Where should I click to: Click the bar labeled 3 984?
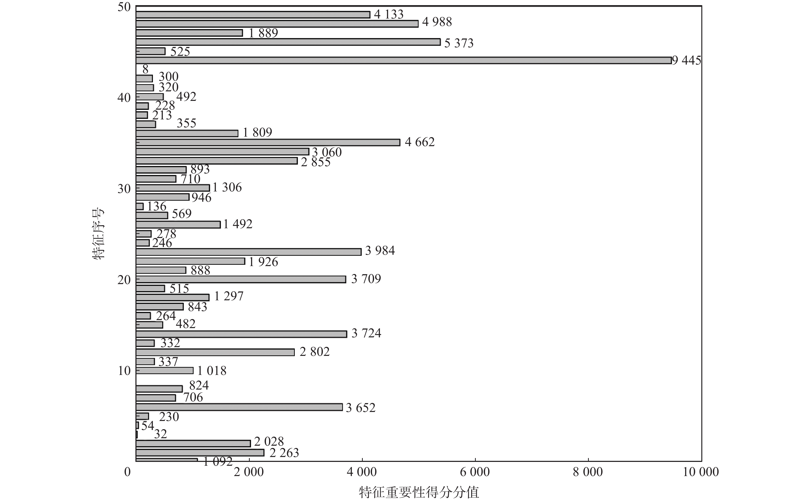(248, 252)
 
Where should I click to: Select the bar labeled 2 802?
(215, 352)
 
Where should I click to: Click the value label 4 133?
(389, 14)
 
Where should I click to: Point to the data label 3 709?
(366, 279)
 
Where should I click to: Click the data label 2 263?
(284, 453)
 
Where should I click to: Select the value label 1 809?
(257, 133)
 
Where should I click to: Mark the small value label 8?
(145, 69)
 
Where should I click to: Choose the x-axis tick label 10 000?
(701, 472)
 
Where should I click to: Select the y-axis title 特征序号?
(98, 233)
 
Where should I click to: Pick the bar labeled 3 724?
(241, 334)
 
